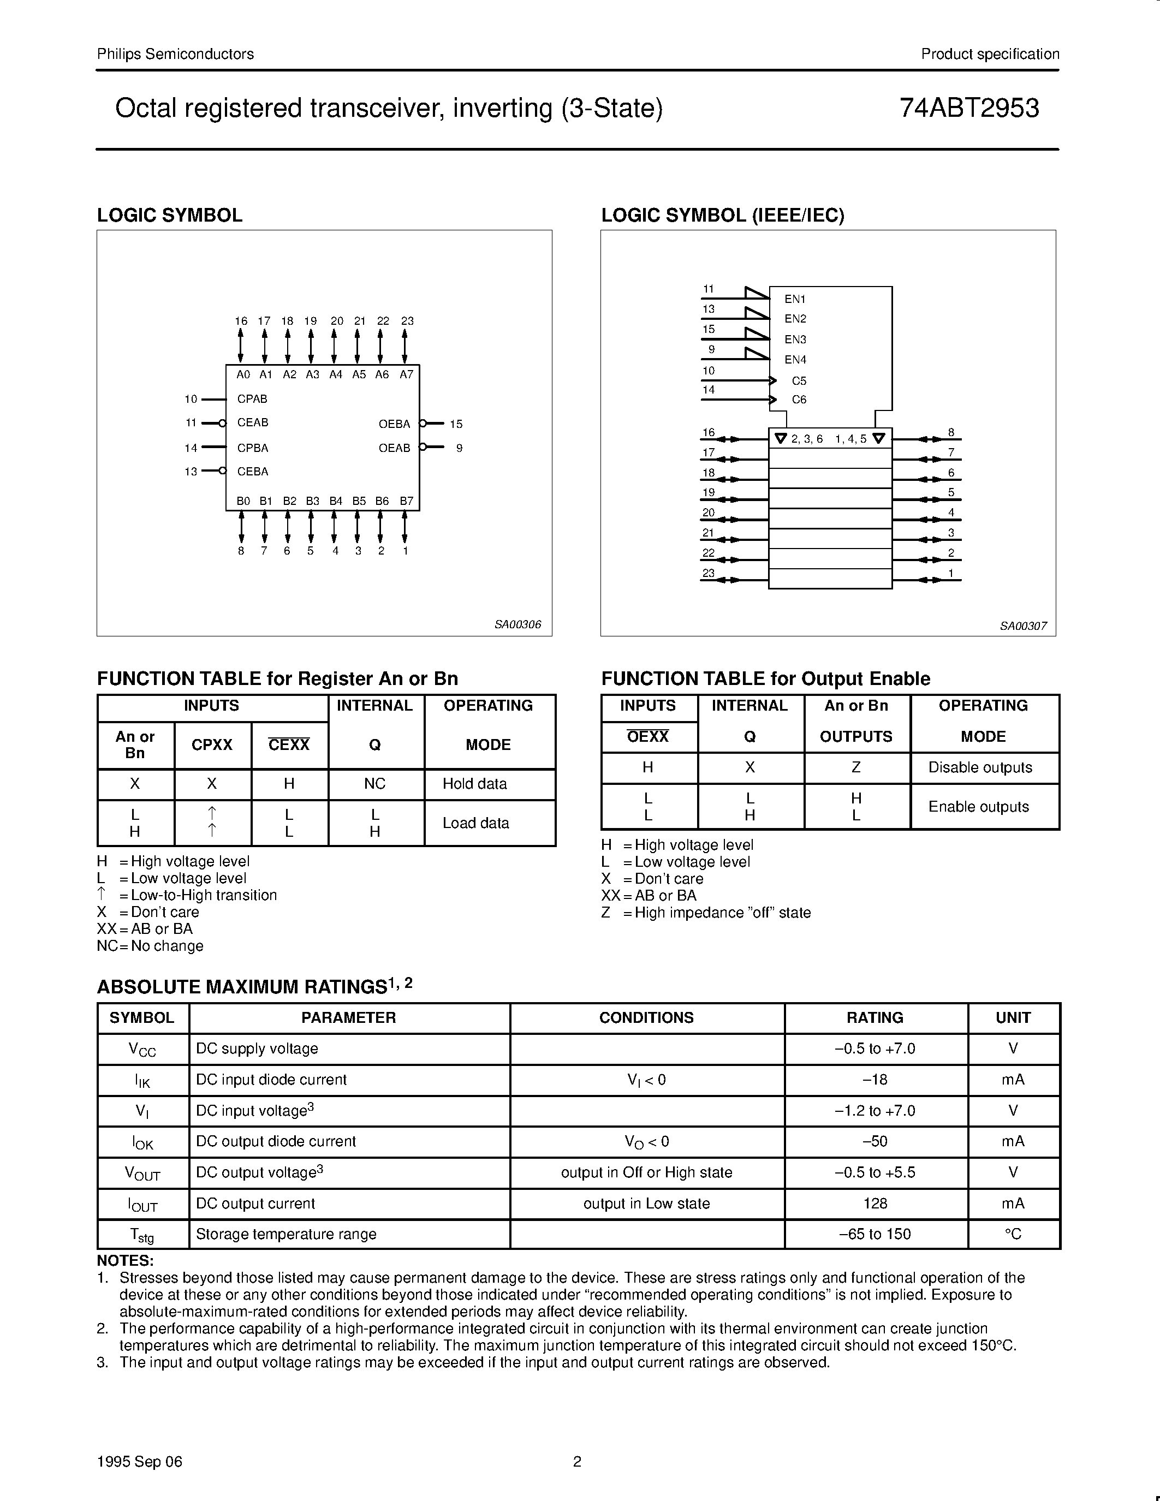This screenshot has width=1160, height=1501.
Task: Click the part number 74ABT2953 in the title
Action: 969,109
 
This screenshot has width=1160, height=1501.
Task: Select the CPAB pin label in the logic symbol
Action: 252,398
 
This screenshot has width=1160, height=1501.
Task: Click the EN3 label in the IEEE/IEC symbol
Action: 795,339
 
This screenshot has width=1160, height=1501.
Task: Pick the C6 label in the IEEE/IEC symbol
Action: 799,400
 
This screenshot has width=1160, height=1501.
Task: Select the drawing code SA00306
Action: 517,625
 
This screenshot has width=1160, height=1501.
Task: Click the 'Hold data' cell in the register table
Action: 474,783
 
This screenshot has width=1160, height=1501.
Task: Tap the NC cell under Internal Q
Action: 374,783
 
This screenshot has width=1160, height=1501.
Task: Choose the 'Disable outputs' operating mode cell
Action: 980,767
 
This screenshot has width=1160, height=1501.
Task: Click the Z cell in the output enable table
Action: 855,767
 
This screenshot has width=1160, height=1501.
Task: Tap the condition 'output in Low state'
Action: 646,1204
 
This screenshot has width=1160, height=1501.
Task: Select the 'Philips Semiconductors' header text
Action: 175,54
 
